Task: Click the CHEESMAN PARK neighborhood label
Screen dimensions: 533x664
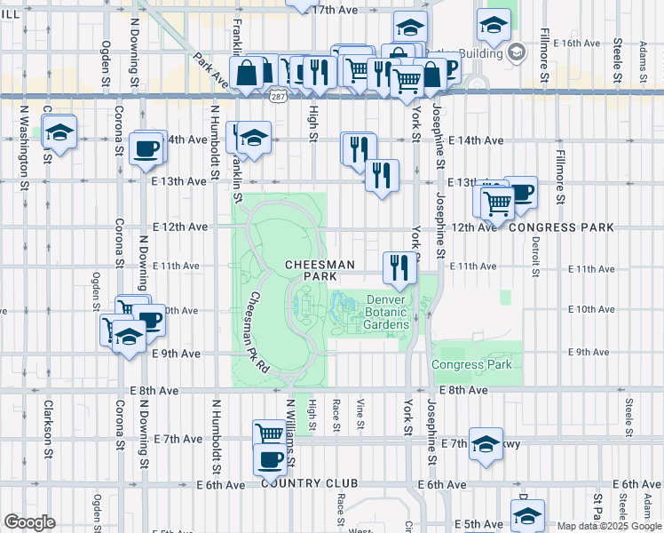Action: coord(320,271)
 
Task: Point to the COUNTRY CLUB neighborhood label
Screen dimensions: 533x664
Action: coord(310,483)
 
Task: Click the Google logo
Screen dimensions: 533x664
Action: coord(29,522)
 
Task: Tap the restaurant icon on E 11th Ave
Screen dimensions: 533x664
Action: coord(399,266)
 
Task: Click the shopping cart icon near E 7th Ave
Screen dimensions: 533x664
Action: coord(269,434)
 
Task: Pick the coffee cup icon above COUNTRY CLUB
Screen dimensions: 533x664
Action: coord(270,459)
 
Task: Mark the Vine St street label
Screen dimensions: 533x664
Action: coord(360,415)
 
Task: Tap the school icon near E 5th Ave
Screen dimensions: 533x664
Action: coord(526,514)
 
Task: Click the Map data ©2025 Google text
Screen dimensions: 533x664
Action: coord(609,526)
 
